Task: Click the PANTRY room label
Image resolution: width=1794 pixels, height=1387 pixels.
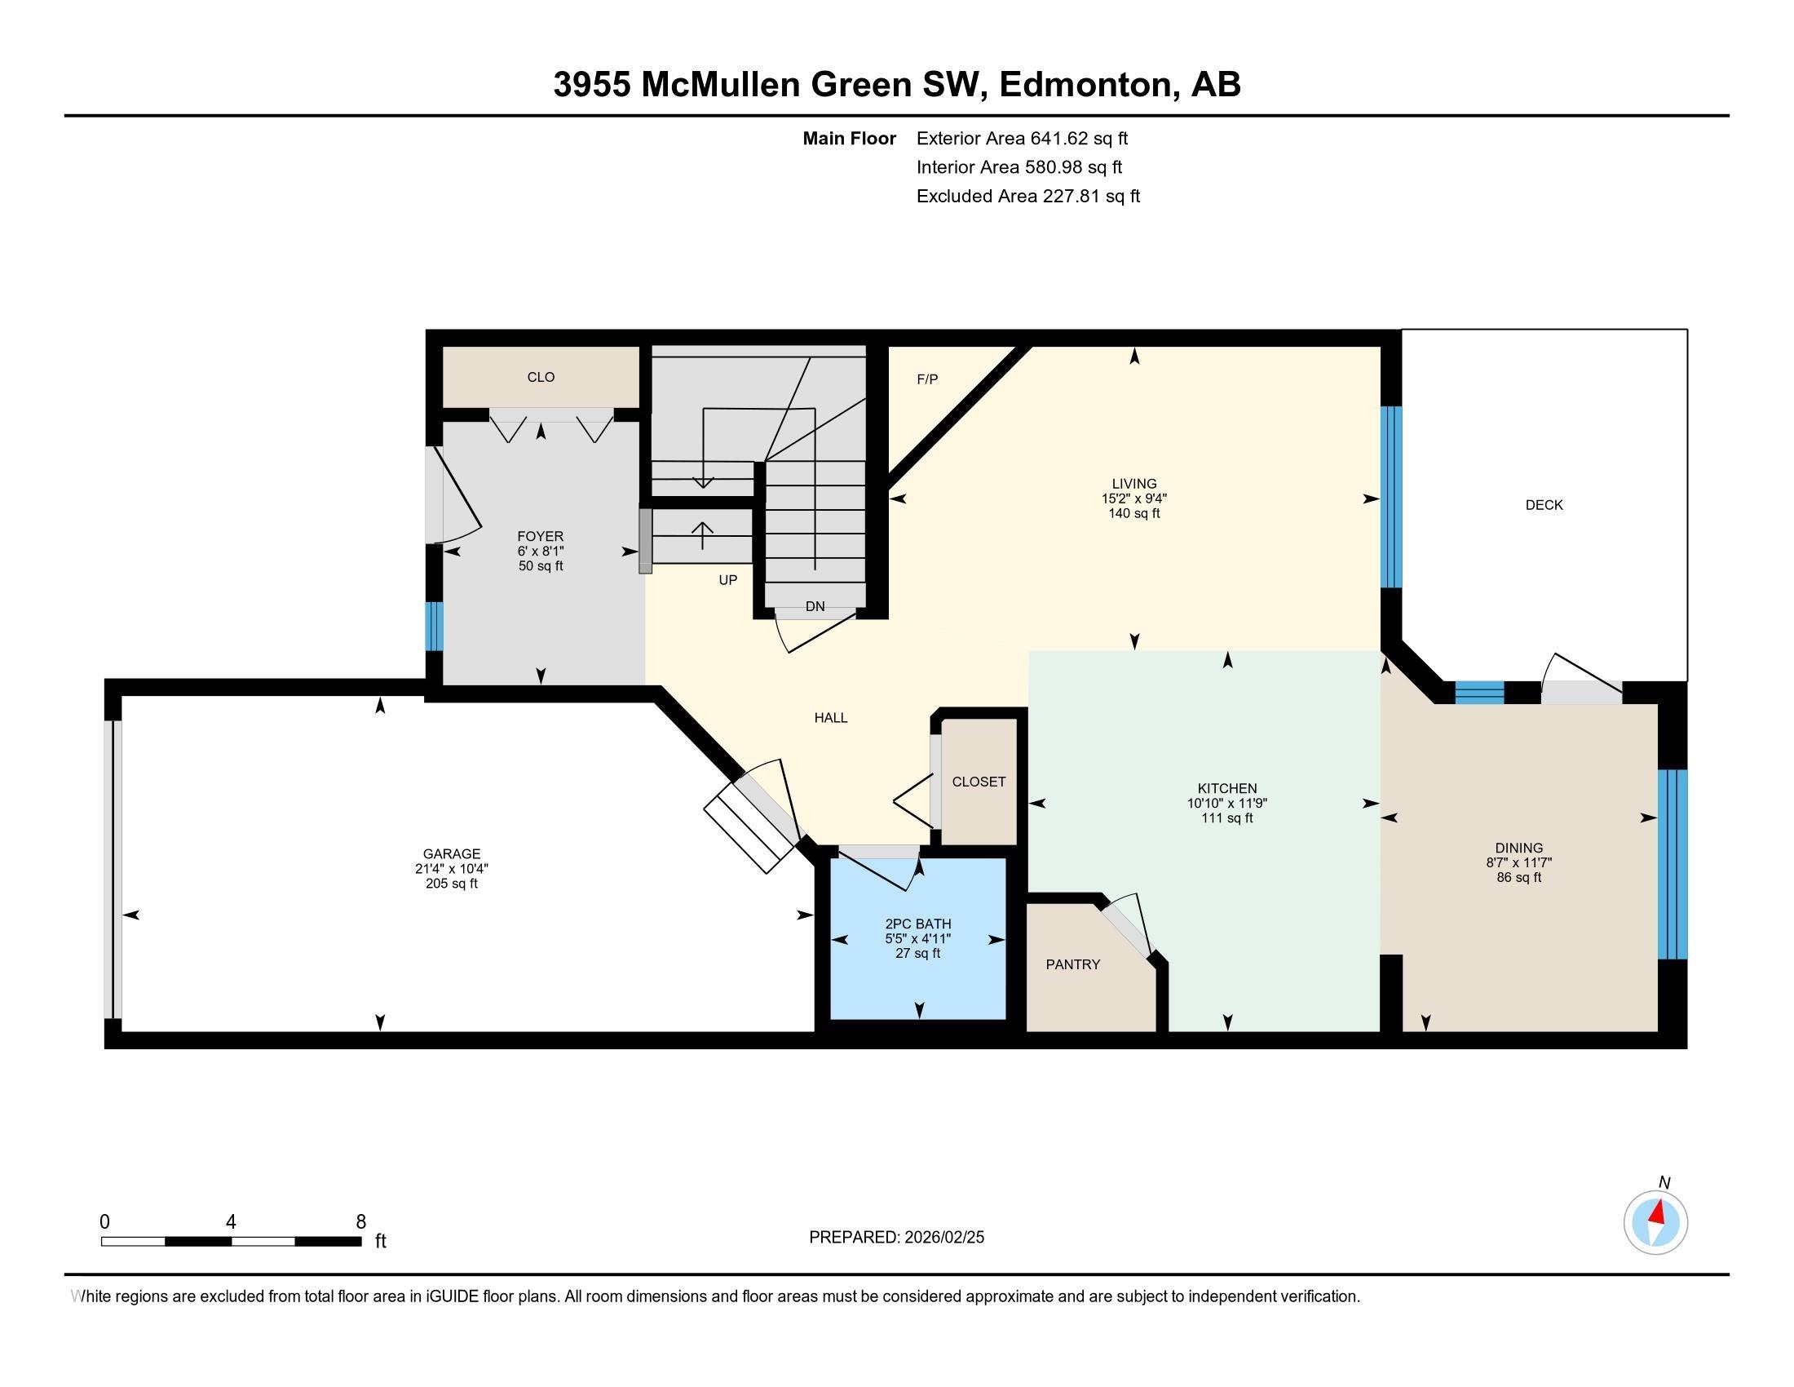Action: pos(1072,964)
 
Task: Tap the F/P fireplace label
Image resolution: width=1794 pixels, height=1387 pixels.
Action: pos(926,379)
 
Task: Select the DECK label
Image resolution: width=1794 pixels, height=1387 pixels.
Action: pos(1544,505)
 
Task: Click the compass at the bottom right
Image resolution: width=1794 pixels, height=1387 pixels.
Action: pos(1655,1222)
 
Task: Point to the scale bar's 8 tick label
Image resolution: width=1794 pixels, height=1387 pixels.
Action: pos(360,1222)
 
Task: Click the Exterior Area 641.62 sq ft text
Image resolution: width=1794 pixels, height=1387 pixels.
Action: pos(1022,139)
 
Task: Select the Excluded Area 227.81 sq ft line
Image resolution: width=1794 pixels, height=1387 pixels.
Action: pos(1027,197)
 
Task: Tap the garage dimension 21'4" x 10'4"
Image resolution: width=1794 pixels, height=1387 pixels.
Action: pos(451,869)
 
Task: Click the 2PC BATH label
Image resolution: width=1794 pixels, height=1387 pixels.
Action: pos(917,924)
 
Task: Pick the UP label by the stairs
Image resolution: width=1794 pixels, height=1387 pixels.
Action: pos(727,580)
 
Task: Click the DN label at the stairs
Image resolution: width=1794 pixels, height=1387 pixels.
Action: pos(815,606)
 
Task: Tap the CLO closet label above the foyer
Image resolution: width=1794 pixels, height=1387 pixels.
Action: pos(541,377)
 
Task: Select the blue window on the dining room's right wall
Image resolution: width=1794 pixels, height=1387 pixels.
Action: pos(1672,863)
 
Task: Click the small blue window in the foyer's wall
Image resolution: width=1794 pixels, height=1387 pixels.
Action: pos(434,626)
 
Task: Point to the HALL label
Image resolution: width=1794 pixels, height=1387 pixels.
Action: pos(830,718)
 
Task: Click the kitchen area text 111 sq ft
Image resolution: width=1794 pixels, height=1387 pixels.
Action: pos(1226,818)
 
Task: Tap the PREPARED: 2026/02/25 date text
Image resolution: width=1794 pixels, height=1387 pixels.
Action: pos(896,1238)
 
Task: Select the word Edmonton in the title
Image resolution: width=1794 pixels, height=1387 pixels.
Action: pos(1085,85)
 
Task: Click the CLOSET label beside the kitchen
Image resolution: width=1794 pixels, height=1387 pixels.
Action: pos(979,782)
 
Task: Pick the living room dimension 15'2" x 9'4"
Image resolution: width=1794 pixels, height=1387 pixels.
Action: pos(1133,499)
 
